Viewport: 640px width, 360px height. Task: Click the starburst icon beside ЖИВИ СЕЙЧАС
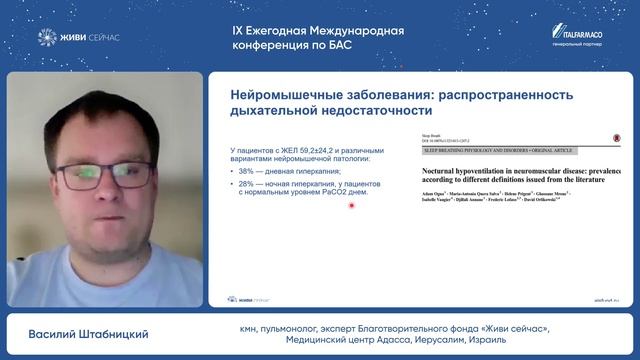click(x=46, y=38)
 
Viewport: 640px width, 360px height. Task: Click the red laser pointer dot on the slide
click(x=351, y=205)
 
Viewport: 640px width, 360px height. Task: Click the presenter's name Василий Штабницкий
click(x=102, y=334)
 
